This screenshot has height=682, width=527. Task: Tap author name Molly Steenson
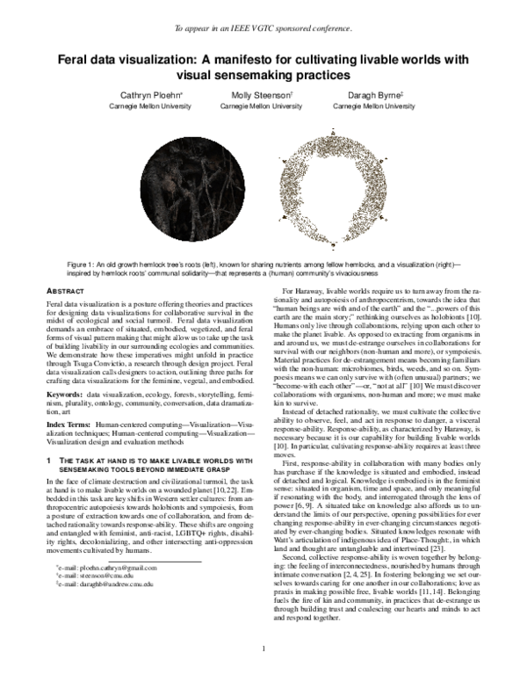tap(263, 93)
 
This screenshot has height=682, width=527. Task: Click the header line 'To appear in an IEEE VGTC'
tap(263, 27)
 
